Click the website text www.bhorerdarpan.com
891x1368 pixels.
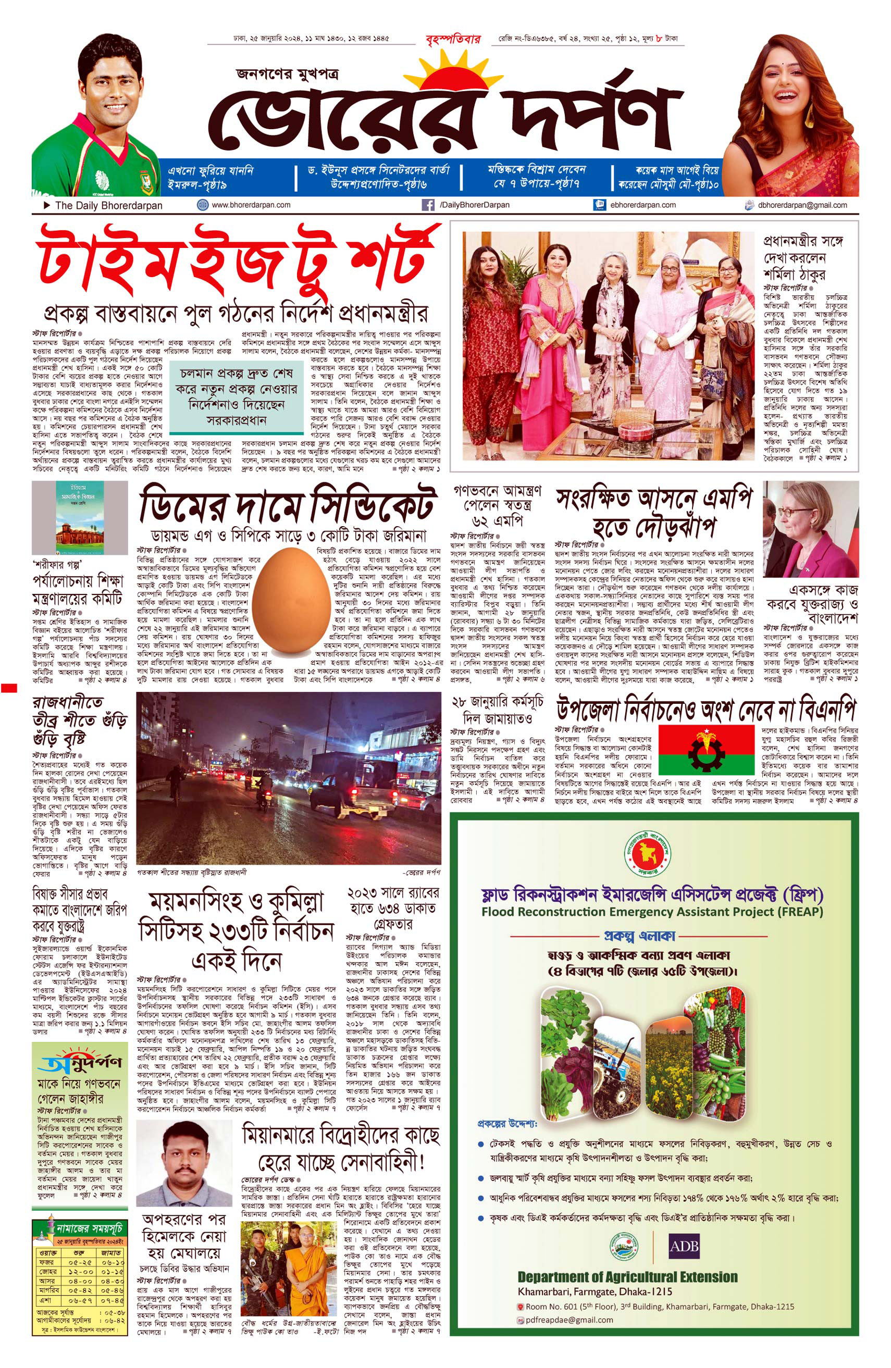pyautogui.click(x=251, y=205)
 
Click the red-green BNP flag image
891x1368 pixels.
pyautogui.click(x=706, y=749)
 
